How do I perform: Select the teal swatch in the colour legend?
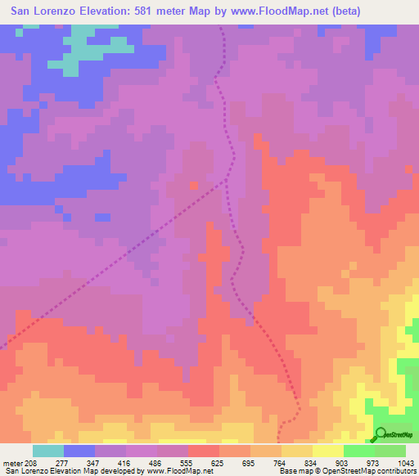click(x=48, y=451)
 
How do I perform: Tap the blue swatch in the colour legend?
click(x=79, y=451)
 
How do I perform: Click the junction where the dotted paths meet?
click(x=227, y=181)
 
